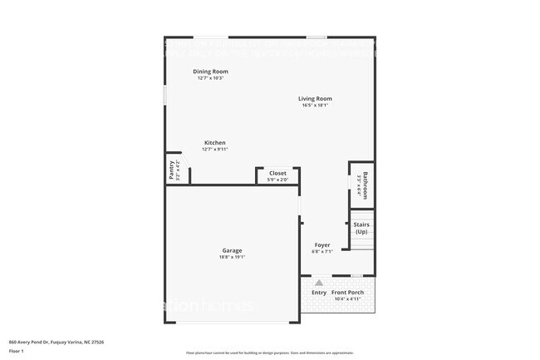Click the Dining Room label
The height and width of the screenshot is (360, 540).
tap(210, 72)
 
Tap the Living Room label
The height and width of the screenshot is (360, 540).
tap(315, 98)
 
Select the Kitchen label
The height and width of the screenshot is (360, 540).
tap(215, 143)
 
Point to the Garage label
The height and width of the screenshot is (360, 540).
tap(232, 250)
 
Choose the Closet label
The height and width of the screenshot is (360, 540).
tap(277, 173)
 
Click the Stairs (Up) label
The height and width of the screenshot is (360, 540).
tap(361, 228)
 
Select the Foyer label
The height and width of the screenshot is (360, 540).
tap(322, 245)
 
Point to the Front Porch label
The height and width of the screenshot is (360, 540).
tap(349, 292)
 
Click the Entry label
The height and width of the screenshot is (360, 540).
tap(319, 292)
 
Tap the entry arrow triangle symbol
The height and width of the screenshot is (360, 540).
tap(318, 283)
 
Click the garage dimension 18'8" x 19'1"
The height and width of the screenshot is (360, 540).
tap(232, 258)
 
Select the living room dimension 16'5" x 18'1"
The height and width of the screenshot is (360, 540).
tap(315, 106)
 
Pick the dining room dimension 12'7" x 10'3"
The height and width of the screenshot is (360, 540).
tap(210, 78)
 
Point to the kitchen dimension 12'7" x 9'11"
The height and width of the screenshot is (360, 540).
tap(215, 150)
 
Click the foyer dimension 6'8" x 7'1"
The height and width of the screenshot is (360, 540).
tap(322, 251)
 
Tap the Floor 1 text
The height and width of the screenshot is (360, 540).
tap(16, 351)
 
